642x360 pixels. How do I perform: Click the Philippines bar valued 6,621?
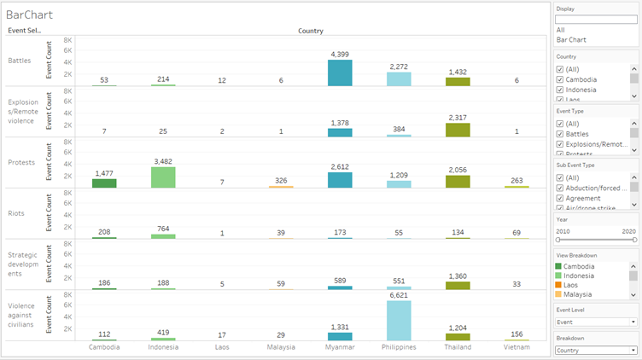point(399,321)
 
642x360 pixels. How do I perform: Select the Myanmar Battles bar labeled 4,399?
point(340,73)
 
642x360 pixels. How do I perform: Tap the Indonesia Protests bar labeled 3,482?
point(163,177)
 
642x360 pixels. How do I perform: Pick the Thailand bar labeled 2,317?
point(458,130)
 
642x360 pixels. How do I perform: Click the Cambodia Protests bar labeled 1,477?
point(104,183)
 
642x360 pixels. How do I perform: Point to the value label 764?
point(163,232)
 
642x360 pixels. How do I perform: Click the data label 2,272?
point(399,67)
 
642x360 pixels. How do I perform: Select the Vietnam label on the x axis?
point(517,347)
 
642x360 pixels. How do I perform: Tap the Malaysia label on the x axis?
point(281,347)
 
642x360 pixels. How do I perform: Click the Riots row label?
point(17,214)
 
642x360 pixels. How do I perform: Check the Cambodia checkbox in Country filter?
point(560,79)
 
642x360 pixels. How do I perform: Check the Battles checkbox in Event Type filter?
point(560,133)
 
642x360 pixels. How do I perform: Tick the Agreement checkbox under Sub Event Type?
point(560,198)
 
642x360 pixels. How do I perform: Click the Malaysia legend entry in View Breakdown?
point(581,294)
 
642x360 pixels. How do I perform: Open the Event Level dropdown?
point(596,322)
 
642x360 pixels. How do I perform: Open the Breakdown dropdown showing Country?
point(596,350)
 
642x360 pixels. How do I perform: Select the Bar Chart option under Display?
point(572,39)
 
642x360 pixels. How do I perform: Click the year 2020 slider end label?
point(629,230)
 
